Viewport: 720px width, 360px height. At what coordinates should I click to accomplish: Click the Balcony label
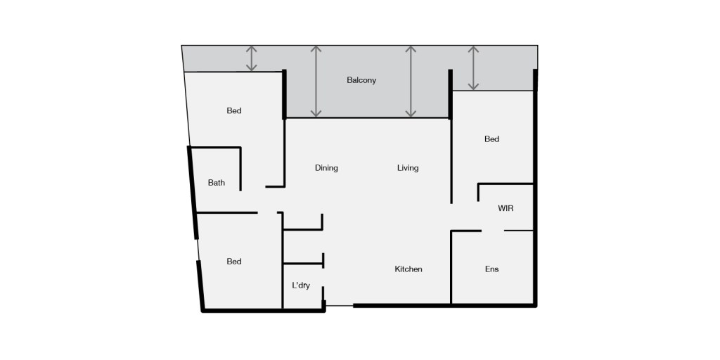361,80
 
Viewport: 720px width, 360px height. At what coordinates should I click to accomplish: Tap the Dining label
326,168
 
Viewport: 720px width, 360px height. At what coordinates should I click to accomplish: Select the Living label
408,168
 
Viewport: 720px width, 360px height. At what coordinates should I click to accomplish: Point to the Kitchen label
408,269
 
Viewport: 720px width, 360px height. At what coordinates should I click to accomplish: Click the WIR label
506,209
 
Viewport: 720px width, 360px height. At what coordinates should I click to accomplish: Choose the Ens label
491,269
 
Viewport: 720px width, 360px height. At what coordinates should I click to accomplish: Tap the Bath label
217,183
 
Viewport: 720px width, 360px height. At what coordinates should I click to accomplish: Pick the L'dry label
301,285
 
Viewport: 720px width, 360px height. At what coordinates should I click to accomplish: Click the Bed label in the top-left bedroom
234,110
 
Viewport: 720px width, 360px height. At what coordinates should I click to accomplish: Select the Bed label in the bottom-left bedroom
234,262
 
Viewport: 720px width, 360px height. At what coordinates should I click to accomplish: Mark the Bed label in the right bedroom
491,139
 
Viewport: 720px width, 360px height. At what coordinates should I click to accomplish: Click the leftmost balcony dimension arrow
252,58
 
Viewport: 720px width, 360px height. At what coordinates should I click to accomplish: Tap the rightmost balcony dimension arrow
473,68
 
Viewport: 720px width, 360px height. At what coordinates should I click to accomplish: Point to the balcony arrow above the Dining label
316,82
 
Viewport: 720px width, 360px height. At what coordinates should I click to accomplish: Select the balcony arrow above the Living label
411,82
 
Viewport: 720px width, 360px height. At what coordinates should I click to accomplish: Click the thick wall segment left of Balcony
284,94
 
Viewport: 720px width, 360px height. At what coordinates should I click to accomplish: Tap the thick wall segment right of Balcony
449,94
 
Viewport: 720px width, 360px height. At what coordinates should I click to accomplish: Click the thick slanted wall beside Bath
192,191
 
